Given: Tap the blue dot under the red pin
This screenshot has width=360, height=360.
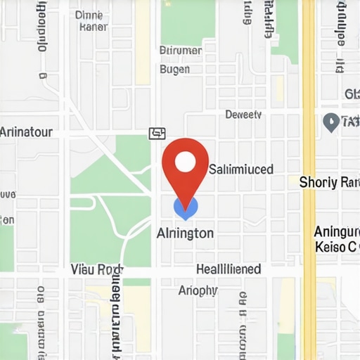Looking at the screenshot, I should pyautogui.click(x=186, y=207).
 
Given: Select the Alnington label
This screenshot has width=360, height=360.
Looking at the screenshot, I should pyautogui.click(x=186, y=233).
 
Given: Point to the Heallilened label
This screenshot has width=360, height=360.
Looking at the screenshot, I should pyautogui.click(x=229, y=269).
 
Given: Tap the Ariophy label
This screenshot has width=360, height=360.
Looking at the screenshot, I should pyautogui.click(x=198, y=290).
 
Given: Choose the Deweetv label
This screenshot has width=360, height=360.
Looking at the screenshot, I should pyautogui.click(x=243, y=115).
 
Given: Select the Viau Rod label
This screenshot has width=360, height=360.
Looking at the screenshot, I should pyautogui.click(x=97, y=269).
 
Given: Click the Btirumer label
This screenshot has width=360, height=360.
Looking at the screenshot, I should pyautogui.click(x=181, y=51).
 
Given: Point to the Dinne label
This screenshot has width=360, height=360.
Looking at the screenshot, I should pyautogui.click(x=88, y=14).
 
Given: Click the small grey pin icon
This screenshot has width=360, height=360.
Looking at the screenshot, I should pyautogui.click(x=330, y=122).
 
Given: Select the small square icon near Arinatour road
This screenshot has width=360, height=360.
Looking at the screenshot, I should pyautogui.click(x=157, y=132).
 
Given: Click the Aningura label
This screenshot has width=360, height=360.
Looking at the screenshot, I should pyautogui.click(x=337, y=232).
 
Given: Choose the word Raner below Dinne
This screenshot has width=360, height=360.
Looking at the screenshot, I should pyautogui.click(x=94, y=27).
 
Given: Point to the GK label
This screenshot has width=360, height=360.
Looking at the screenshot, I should pyautogui.click(x=352, y=94).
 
